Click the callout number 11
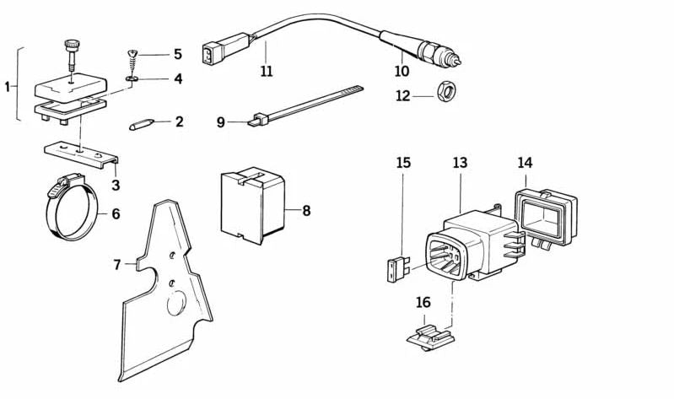click(267, 72)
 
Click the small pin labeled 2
click(141, 124)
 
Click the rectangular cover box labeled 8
click(251, 202)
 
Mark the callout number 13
click(460, 161)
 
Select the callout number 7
click(117, 264)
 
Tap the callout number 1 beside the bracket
click(8, 86)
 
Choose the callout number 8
click(306, 210)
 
